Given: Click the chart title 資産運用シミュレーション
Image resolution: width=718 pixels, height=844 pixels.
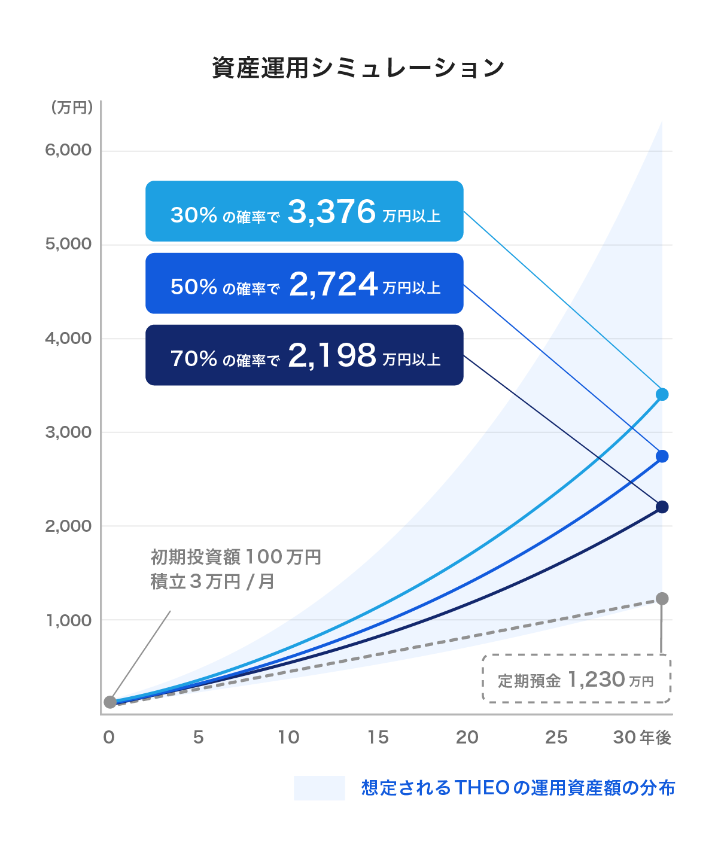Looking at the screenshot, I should (358, 68).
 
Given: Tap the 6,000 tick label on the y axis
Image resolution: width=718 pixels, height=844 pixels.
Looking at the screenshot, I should (68, 150).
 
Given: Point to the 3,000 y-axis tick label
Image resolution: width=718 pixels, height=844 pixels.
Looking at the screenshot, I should (68, 432).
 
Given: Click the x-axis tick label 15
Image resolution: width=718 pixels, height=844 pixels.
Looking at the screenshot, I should (378, 738).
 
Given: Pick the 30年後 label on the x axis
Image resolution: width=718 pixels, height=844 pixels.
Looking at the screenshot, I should (642, 738).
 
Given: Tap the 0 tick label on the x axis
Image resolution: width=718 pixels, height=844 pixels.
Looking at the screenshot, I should (109, 738).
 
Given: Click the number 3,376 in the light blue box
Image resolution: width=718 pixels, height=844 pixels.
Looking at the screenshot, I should (331, 212).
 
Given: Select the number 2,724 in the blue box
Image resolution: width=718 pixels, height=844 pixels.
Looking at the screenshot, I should (333, 284).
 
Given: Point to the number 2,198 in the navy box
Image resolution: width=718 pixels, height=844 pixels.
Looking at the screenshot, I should (332, 355).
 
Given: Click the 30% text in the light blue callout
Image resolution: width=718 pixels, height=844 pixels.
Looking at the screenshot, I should (194, 215).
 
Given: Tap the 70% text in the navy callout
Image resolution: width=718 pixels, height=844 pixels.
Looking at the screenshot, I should (194, 358).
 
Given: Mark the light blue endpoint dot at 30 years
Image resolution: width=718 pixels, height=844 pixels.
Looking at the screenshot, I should (662, 394).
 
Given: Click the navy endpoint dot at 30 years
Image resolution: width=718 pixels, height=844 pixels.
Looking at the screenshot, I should (662, 507).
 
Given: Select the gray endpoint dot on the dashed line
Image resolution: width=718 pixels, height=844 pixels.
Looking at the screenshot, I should (662, 599).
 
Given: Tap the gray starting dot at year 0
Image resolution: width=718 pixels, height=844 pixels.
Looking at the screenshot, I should (110, 702).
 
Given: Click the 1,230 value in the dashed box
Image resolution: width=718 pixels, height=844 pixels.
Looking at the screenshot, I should (596, 680).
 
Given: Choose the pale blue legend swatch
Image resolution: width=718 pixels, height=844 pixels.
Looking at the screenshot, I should (319, 788).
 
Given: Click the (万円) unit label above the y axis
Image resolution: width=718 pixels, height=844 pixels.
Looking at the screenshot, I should (72, 108).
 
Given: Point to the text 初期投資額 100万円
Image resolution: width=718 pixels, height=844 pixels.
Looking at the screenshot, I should (236, 557).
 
